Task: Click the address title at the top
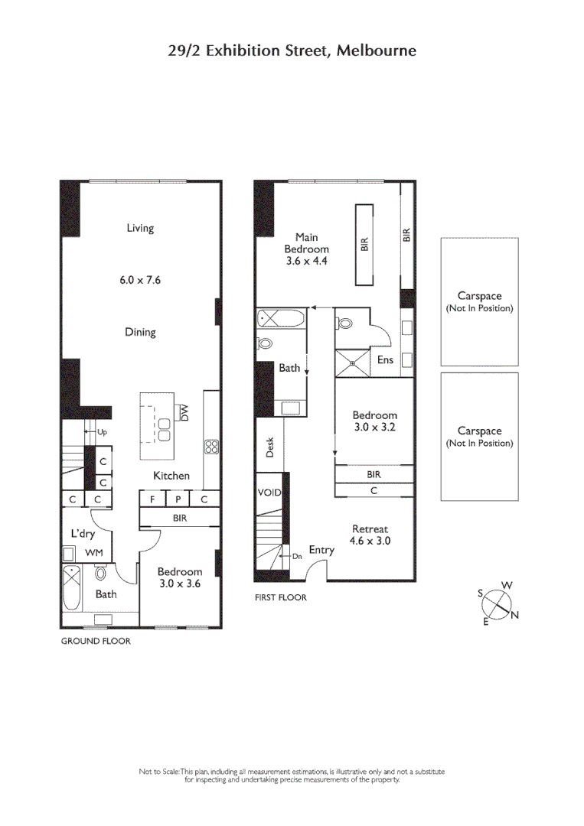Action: point(292,51)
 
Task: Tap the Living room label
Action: point(140,228)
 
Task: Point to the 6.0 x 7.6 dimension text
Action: point(140,280)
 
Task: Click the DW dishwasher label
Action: point(184,412)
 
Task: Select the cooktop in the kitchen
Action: point(212,447)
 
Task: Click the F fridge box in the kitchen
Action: point(152,499)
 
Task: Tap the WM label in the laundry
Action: point(93,552)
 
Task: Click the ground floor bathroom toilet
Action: point(100,574)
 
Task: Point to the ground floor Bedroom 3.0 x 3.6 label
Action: point(180,577)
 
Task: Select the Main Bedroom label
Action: point(306,249)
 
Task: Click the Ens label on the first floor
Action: point(385,359)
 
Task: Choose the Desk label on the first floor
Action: point(270,447)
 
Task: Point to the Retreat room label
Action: point(371,534)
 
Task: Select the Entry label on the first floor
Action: point(321,550)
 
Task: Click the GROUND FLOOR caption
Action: point(96,641)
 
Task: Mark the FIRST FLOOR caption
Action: point(280,597)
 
